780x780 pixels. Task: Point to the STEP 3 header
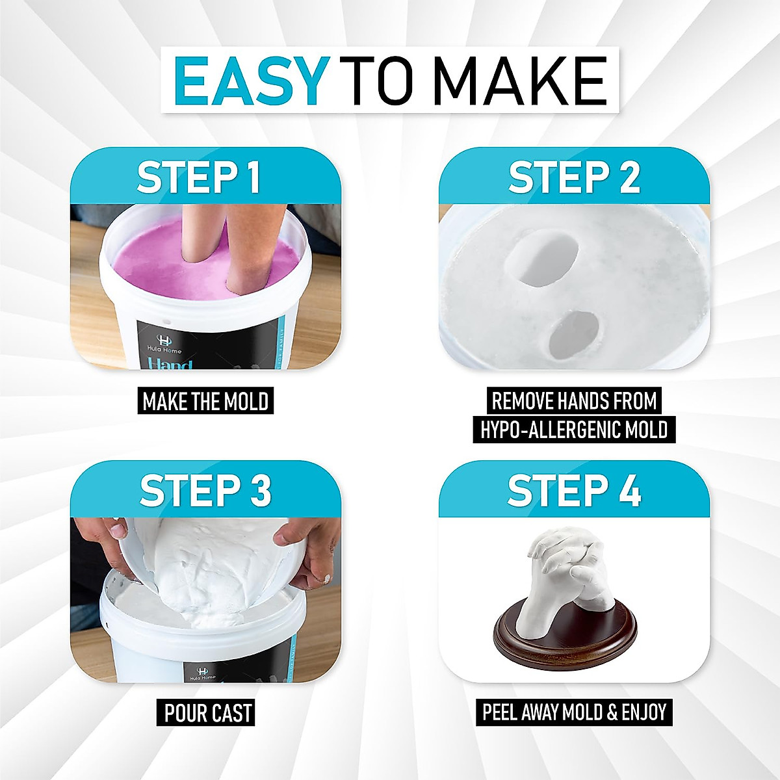205,490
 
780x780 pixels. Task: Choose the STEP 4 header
575,490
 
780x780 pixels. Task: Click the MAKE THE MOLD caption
205,401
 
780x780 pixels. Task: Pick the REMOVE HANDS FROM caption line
575,401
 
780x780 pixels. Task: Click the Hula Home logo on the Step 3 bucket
203,673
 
